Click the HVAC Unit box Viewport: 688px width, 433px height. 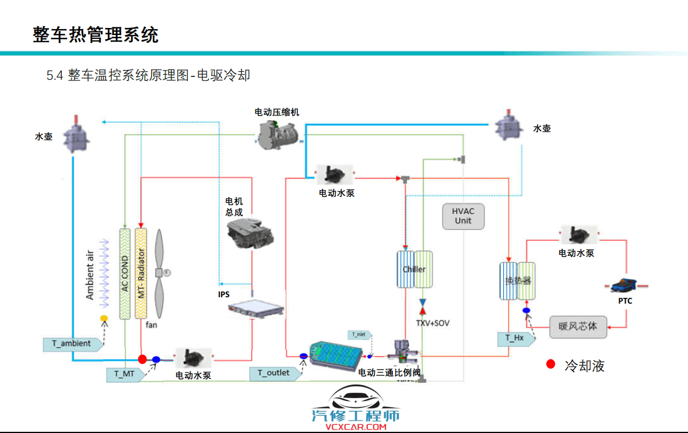[463, 216]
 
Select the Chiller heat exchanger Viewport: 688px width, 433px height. [415, 269]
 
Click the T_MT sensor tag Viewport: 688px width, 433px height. [124, 374]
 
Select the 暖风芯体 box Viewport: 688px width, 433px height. [578, 326]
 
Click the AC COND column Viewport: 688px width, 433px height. [125, 273]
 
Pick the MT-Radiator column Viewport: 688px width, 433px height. [141, 273]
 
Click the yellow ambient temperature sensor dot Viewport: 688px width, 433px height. [104, 318]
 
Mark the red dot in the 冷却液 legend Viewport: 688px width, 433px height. [550, 365]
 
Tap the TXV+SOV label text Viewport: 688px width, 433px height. [432, 323]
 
